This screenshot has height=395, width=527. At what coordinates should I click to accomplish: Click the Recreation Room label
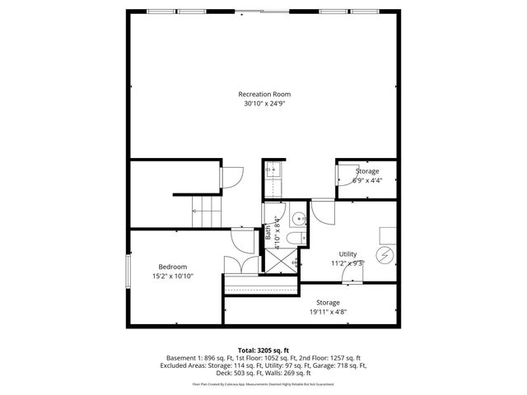click(265, 94)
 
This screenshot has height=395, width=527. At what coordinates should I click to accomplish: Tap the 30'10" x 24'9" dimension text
click(265, 105)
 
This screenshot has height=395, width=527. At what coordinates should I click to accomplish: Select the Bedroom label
click(173, 267)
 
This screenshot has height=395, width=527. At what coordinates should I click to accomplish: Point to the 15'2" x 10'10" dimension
click(173, 277)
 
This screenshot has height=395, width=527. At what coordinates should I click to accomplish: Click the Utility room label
click(347, 253)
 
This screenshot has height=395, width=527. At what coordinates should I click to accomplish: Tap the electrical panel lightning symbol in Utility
click(385, 253)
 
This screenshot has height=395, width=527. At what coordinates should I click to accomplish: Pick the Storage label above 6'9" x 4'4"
click(367, 170)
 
